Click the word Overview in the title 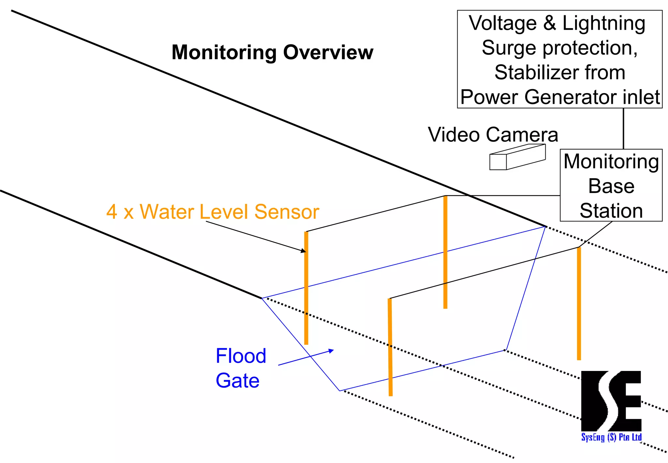click(x=328, y=52)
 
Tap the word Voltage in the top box click(x=503, y=24)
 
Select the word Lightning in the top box click(x=604, y=24)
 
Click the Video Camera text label click(x=493, y=135)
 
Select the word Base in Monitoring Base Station click(x=611, y=186)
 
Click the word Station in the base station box click(x=611, y=211)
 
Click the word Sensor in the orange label click(x=286, y=212)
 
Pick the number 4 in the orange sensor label click(x=112, y=212)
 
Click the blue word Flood click(x=241, y=356)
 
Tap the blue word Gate click(x=237, y=381)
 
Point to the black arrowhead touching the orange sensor click(x=303, y=251)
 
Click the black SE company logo click(x=611, y=401)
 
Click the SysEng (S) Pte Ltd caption click(x=611, y=437)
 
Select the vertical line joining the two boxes click(x=623, y=129)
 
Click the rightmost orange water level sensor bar click(x=579, y=304)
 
